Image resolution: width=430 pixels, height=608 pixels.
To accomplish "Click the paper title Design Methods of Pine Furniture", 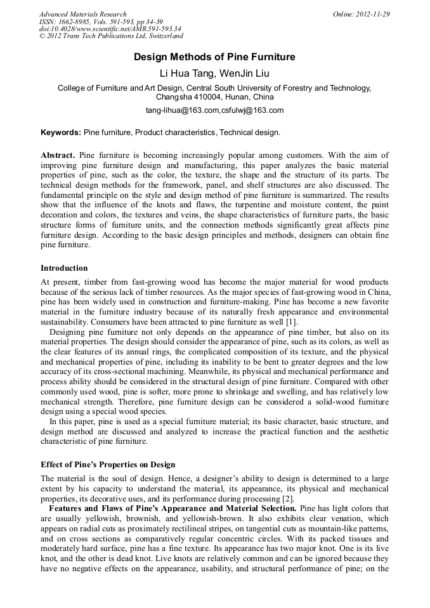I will click(x=214, y=57).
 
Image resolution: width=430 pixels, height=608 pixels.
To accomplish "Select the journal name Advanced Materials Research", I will click(x=82, y=14).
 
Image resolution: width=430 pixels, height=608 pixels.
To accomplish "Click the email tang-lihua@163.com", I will click(x=182, y=110).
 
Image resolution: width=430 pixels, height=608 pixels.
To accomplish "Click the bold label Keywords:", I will click(x=61, y=133).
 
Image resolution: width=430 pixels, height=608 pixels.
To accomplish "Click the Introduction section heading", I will click(x=64, y=268).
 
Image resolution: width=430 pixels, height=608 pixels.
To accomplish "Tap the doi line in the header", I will click(x=110, y=29).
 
